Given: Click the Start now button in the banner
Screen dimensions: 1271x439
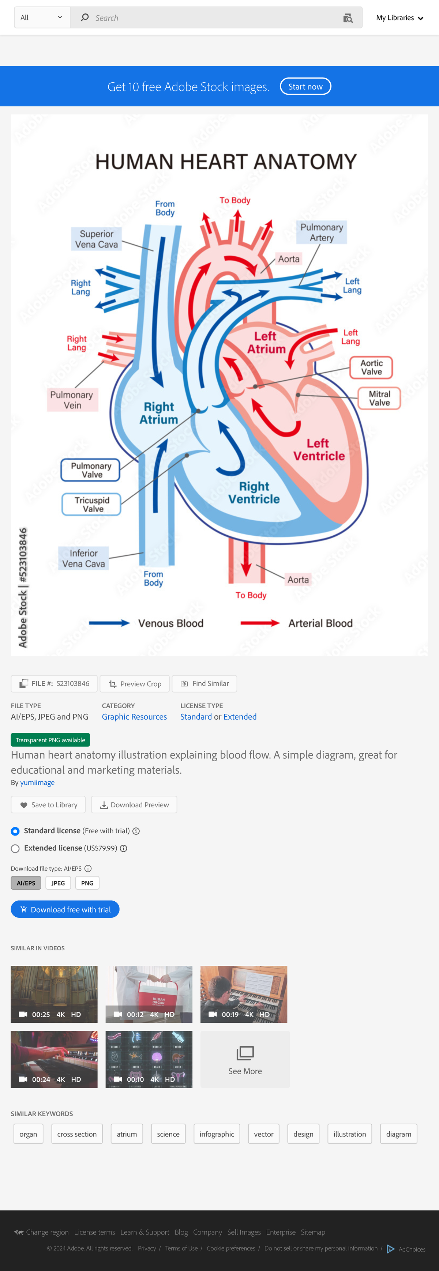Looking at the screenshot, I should click(x=305, y=86).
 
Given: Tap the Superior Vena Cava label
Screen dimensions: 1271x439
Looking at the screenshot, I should click(x=96, y=239).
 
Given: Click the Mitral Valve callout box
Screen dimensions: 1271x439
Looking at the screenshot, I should click(x=379, y=398).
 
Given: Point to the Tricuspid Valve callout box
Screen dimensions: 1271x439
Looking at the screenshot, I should click(x=92, y=504).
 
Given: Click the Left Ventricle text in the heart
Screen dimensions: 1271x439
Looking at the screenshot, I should click(x=319, y=449).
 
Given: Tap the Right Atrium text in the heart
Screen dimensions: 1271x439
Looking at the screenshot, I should click(x=158, y=413).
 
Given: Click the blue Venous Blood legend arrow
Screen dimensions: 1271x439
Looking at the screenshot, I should click(x=109, y=623).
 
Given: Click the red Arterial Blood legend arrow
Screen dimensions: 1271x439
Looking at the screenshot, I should click(x=260, y=623).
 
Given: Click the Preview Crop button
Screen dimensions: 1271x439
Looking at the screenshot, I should click(x=135, y=684).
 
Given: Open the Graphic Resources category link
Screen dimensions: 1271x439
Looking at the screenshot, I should click(x=134, y=716).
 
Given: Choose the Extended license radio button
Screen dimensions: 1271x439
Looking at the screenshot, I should click(x=15, y=848).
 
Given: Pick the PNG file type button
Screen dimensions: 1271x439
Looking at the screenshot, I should click(x=87, y=883).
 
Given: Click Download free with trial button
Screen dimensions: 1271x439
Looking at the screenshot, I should click(x=65, y=909).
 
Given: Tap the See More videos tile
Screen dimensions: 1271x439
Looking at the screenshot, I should click(x=245, y=1059).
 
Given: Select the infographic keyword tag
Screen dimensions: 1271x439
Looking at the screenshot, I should click(x=217, y=1134).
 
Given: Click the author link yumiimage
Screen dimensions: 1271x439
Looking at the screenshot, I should click(x=37, y=782).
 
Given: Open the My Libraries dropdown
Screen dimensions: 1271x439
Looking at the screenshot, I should click(x=399, y=18).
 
